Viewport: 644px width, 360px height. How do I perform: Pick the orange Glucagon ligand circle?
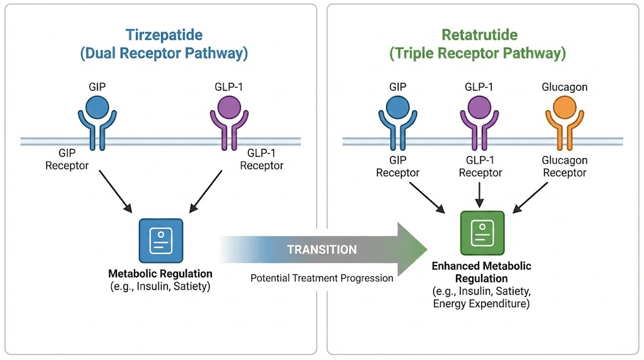pos(564,107)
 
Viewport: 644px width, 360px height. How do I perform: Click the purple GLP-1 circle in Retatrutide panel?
pos(480,107)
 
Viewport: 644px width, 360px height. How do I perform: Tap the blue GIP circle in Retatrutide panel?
pos(397,107)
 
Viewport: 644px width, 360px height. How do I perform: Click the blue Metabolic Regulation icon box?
pos(160,240)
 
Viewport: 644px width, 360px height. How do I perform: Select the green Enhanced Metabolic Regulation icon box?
pos(482,232)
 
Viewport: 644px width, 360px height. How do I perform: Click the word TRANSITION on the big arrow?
pos(321,250)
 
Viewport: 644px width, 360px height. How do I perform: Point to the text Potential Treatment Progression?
pos(321,278)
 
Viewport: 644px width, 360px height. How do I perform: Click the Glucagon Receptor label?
pos(564,167)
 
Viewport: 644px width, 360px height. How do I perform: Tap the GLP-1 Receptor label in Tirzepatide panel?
pos(261,160)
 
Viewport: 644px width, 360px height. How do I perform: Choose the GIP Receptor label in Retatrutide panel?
pos(397,167)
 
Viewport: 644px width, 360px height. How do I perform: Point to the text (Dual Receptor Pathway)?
pos(164,53)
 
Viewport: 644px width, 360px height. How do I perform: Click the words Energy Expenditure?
pos(481,304)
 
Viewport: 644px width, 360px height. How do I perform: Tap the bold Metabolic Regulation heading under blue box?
pos(160,274)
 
